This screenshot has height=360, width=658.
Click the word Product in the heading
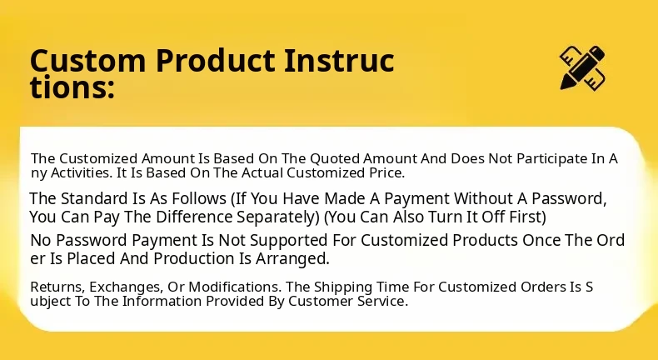coord(215,61)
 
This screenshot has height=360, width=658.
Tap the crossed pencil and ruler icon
coord(582,67)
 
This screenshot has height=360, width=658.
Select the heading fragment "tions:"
coord(72,87)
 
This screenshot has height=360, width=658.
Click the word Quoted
coord(335,159)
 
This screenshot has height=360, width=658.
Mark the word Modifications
coord(236,287)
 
